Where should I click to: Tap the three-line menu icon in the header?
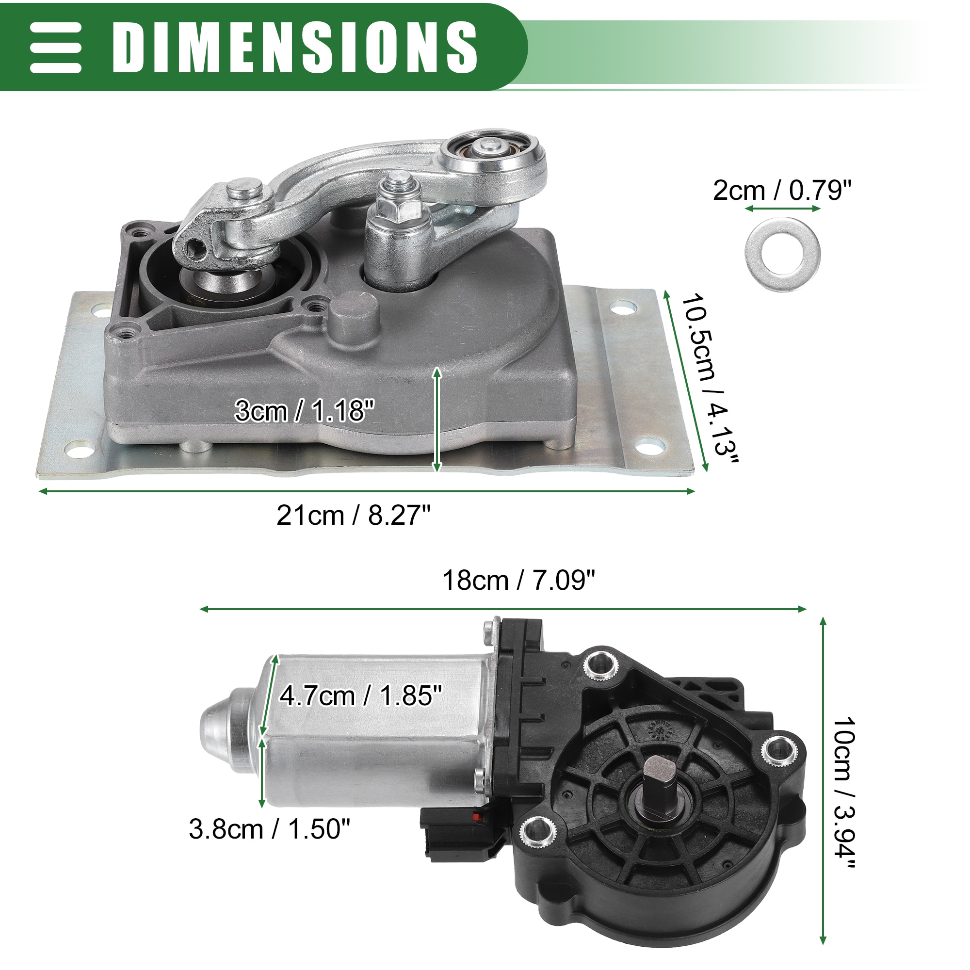point(56,48)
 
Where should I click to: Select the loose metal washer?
point(782,255)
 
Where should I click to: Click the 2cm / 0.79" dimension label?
point(782,190)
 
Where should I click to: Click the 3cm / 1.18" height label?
point(305,411)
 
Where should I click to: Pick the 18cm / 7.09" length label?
point(518,581)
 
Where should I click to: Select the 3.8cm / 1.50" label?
point(270,828)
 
